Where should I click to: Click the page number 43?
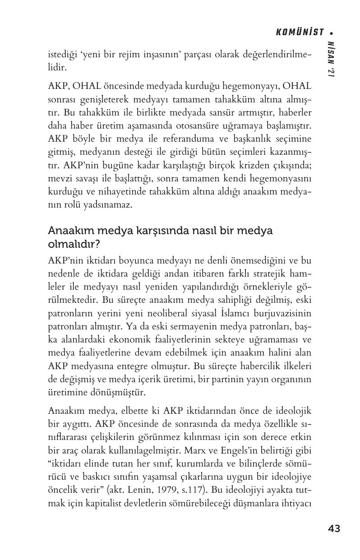(x=334, y=528)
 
